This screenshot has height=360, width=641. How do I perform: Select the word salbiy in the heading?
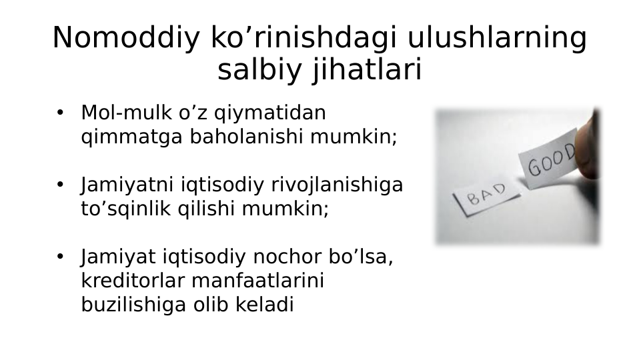tap(260, 70)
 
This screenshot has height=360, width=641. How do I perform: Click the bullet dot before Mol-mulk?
tap(60, 113)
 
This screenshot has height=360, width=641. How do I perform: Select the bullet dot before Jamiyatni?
tap(60, 185)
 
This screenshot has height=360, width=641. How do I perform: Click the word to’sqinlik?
tap(127, 209)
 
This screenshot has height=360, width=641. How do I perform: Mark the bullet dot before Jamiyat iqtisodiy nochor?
tap(60, 257)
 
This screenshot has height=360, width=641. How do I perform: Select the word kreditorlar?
tap(133, 281)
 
